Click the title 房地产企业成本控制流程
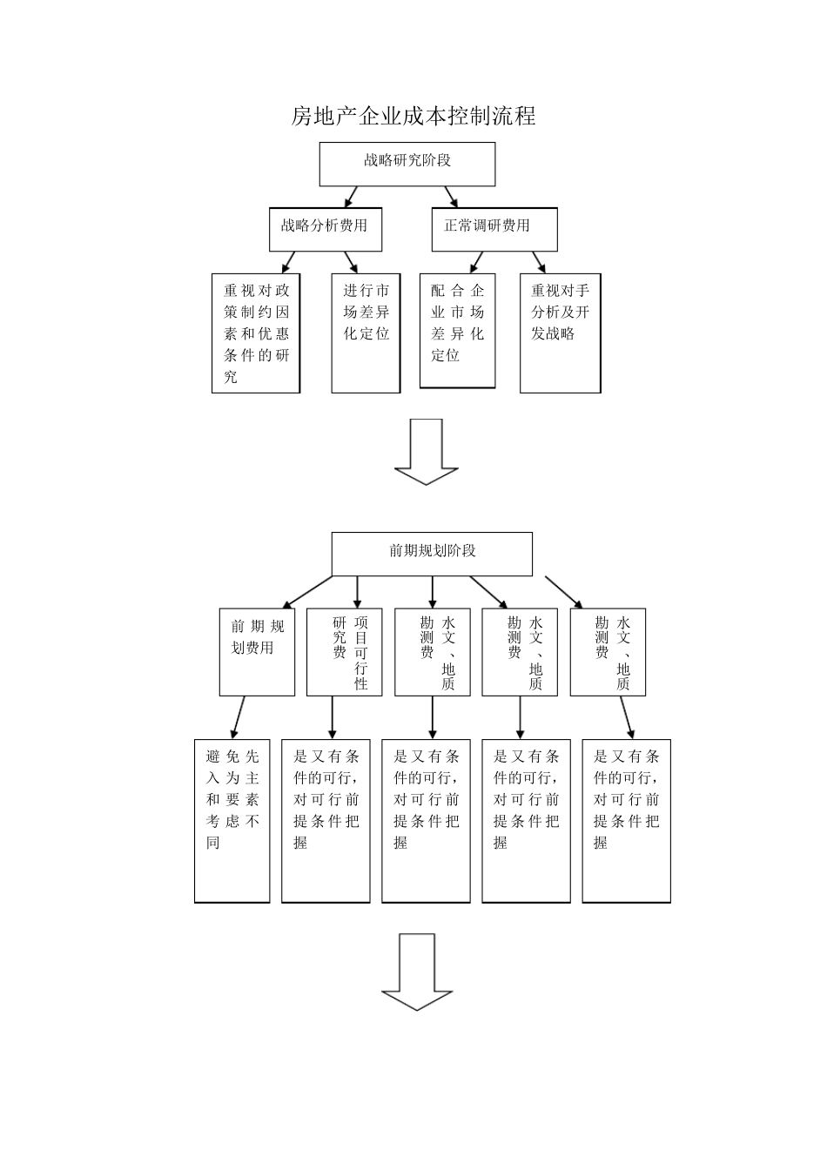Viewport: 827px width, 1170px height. point(413,116)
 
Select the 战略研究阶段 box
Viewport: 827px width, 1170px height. point(407,164)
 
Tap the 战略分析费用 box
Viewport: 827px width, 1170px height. point(324,228)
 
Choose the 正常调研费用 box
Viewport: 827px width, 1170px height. point(494,228)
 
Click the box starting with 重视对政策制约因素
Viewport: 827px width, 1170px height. point(255,333)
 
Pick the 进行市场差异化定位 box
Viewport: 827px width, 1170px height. point(366,333)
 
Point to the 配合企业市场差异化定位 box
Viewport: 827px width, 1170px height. point(457,331)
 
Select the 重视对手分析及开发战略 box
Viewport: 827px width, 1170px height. point(560,333)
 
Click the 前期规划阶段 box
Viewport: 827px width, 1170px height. point(432,554)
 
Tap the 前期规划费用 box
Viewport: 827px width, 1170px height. point(257,651)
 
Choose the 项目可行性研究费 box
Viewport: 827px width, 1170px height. point(345,651)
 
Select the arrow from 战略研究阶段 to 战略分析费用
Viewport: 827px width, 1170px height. point(350,196)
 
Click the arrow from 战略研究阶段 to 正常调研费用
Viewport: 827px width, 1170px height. point(450,196)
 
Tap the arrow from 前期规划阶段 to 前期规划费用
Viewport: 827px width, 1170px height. point(306,592)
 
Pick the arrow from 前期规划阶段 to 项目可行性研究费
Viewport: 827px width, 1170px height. point(356,591)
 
